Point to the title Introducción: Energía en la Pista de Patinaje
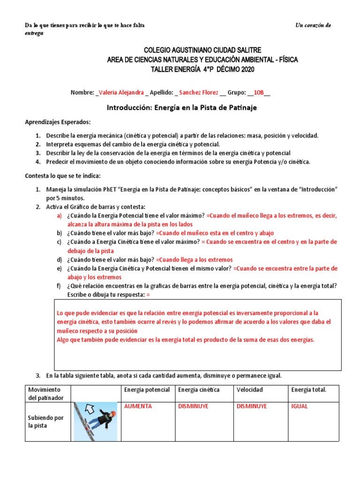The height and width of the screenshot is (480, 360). [x=182, y=108]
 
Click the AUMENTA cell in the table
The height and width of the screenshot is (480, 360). [x=137, y=406]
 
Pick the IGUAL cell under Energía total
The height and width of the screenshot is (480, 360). [x=299, y=406]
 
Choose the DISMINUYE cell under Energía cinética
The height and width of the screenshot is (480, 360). [x=194, y=406]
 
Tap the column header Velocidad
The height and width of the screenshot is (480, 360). [x=249, y=390]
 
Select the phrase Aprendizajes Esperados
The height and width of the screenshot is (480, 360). [x=57, y=122]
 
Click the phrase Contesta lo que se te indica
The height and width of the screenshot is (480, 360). [x=62, y=176]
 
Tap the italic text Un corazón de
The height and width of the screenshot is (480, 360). [x=313, y=25]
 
